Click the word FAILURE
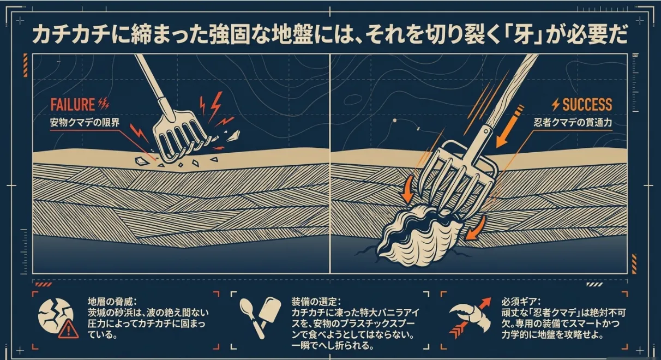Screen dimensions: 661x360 click(73, 105)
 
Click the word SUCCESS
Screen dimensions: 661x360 click(587, 105)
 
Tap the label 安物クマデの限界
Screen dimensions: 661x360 click(85, 123)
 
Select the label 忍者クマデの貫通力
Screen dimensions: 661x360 click(573, 123)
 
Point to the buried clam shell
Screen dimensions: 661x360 click(419, 233)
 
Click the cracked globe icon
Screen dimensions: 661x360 click(55, 317)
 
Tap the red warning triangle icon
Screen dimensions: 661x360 click(69, 328)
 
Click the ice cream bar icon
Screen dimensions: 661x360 click(269, 313)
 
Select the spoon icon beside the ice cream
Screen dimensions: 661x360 click(251, 317)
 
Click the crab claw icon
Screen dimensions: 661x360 click(471, 317)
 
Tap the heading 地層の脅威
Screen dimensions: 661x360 click(112, 302)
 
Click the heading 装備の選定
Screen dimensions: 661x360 click(316, 302)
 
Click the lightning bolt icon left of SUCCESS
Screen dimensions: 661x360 click(556, 105)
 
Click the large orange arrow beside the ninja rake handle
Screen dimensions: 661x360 click(508, 127)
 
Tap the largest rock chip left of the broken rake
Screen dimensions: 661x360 click(142, 161)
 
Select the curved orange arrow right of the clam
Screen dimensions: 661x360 click(476, 228)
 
